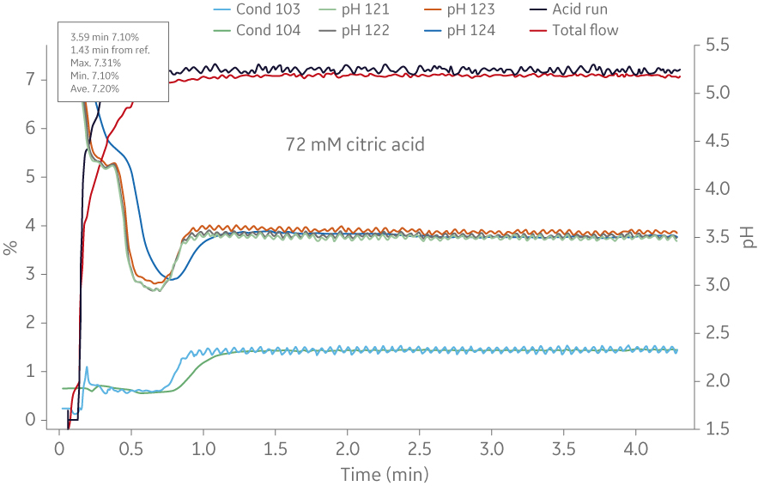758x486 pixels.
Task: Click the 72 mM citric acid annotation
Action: pyautogui.click(x=355, y=145)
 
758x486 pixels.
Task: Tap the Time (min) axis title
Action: pyautogui.click(x=384, y=474)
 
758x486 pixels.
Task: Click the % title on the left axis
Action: pyautogui.click(x=10, y=248)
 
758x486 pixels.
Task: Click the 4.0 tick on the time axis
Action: pyautogui.click(x=635, y=449)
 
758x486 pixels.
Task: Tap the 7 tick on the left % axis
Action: pyautogui.click(x=31, y=80)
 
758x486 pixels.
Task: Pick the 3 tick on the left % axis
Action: pyautogui.click(x=31, y=275)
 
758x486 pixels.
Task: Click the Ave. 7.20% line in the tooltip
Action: pyautogui.click(x=94, y=88)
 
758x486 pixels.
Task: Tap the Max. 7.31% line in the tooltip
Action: pyautogui.click(x=95, y=63)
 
